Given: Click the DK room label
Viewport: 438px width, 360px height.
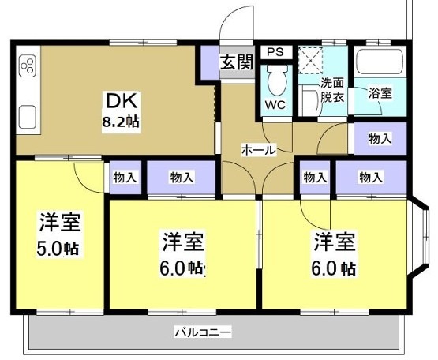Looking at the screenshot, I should point(117,101).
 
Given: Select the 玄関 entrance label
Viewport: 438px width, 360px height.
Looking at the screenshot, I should point(235,62).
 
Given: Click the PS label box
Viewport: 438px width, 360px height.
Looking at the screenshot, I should point(274,52).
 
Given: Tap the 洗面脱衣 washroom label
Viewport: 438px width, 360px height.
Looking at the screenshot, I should point(331,90).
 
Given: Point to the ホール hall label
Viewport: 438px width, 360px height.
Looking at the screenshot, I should point(257,149).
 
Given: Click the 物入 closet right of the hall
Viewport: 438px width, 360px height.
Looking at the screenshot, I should point(380,139).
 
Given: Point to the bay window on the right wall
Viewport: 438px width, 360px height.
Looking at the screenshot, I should point(421,236).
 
